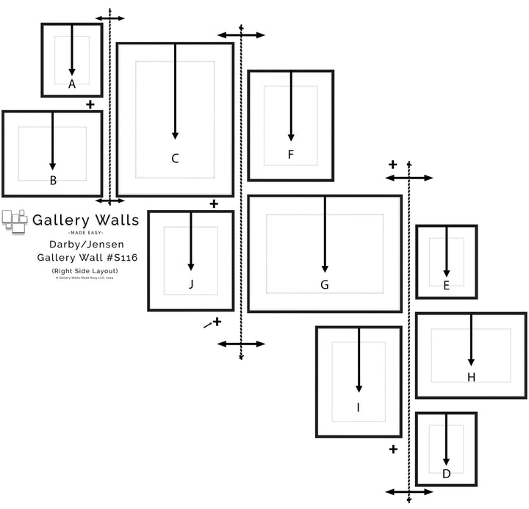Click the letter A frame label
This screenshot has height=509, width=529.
pyautogui.click(x=72, y=84)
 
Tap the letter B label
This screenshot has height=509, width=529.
pyautogui.click(x=53, y=180)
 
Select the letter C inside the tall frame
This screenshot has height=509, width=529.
pyautogui.click(x=175, y=158)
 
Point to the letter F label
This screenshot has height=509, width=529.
pyautogui.click(x=291, y=154)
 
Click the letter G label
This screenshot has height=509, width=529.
pyautogui.click(x=324, y=284)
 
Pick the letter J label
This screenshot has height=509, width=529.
pyautogui.click(x=191, y=284)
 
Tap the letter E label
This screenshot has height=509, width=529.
pyautogui.click(x=446, y=286)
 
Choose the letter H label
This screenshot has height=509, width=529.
pyautogui.click(x=471, y=377)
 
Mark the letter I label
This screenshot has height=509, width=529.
pyautogui.click(x=359, y=406)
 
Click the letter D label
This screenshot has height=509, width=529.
pyautogui.click(x=446, y=474)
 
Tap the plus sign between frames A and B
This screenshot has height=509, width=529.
pyautogui.click(x=90, y=104)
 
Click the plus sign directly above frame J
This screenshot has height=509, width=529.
pyautogui.click(x=214, y=203)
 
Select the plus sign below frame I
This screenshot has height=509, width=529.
pyautogui.click(x=393, y=449)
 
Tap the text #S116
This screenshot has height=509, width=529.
pyautogui.click(x=120, y=258)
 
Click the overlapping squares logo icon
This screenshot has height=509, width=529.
pyautogui.click(x=14, y=221)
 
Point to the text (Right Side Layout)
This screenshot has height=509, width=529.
pyautogui.click(x=85, y=271)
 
